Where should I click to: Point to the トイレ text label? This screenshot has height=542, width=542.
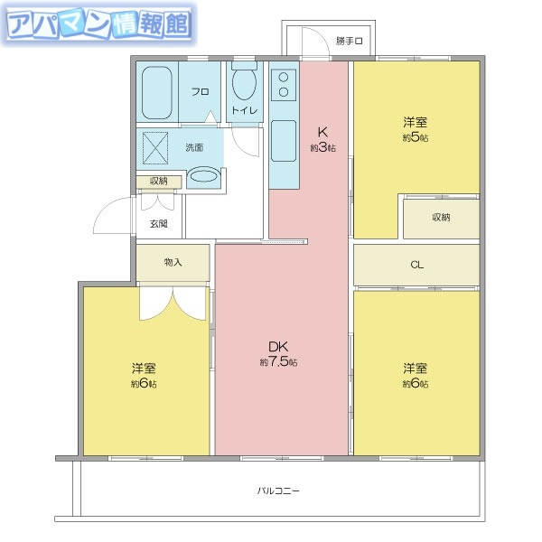click(244, 110)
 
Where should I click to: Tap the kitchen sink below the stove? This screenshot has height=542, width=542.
click(283, 138)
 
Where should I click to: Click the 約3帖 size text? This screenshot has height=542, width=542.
click(322, 147)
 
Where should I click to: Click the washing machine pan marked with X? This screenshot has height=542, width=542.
click(157, 145)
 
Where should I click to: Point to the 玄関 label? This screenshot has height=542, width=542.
click(158, 223)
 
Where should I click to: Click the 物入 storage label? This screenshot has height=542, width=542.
click(173, 262)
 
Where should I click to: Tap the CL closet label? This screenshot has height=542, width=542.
click(416, 265)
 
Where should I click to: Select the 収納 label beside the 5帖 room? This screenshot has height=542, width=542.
click(441, 217)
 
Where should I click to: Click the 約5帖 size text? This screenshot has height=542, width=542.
click(416, 137)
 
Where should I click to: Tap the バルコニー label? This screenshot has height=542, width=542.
click(278, 491)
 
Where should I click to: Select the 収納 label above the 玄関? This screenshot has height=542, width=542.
click(158, 182)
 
